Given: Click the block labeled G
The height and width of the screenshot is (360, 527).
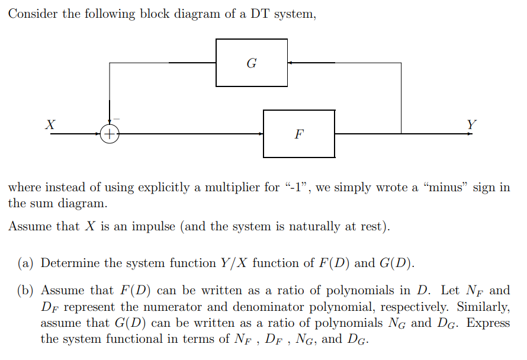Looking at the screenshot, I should pos(252,63).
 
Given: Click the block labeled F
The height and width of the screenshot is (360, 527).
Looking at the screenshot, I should pos(299,134).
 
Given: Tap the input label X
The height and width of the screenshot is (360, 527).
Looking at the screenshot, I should pos(51,124).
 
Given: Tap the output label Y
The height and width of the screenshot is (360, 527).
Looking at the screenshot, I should pos(471,124).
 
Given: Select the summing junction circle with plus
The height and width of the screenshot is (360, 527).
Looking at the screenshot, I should pos(110,134).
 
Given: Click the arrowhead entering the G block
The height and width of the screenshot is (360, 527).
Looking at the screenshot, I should pos(290,63).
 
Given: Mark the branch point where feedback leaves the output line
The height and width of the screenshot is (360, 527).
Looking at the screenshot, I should pos(401,134).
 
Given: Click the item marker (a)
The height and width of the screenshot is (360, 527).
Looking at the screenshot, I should pos(27,263).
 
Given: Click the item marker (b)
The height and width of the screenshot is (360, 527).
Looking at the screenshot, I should pos(27,291).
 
